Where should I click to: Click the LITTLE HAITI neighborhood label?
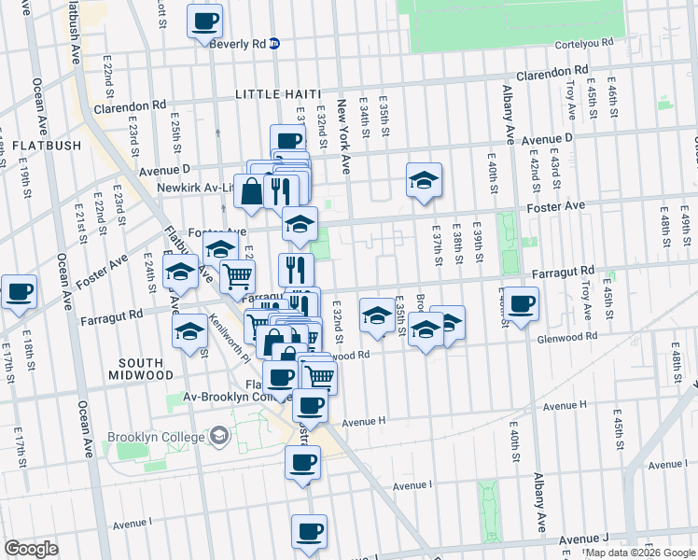(x=277, y=94)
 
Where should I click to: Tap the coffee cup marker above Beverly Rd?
(x=205, y=21)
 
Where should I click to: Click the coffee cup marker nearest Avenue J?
(x=309, y=532)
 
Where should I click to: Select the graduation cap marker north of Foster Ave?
(x=424, y=180)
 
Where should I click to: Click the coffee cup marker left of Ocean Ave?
(x=19, y=291)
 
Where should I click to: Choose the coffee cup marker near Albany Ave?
(x=522, y=302)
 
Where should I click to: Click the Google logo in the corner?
(x=31, y=549)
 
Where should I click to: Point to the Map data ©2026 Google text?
(x=639, y=553)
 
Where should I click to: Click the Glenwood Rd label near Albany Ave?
(x=566, y=337)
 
